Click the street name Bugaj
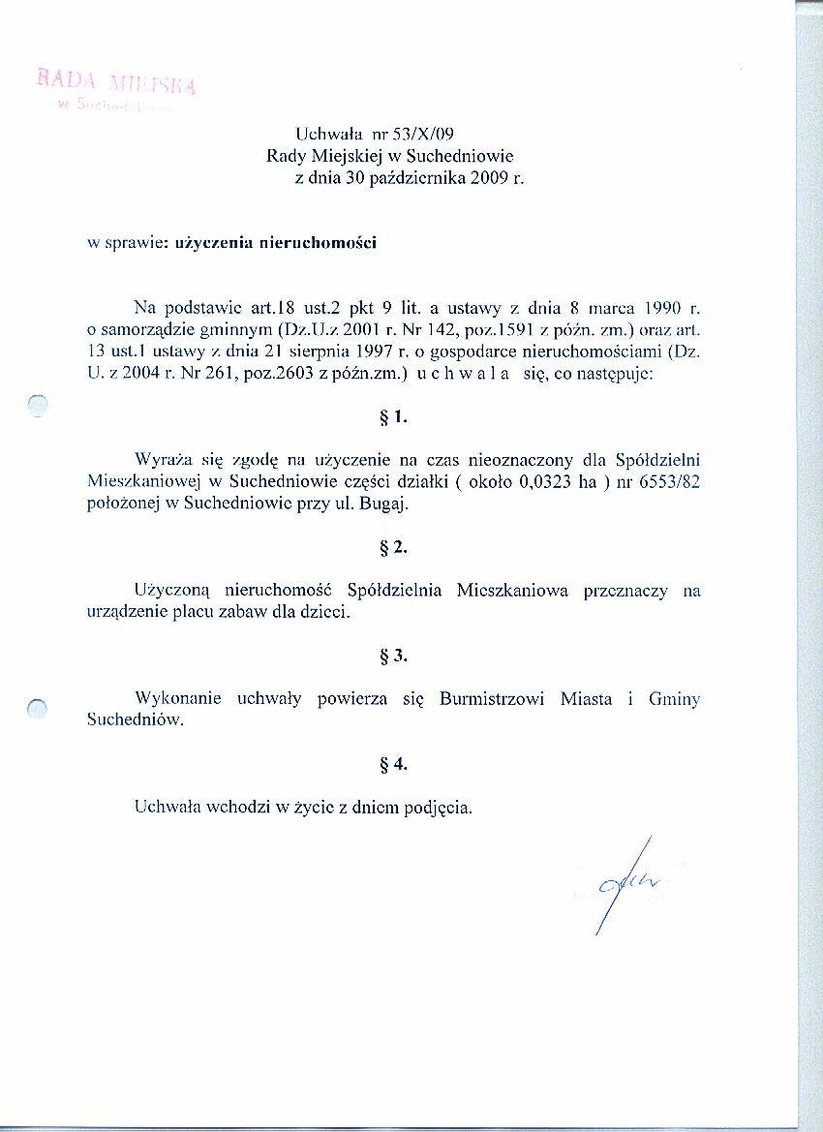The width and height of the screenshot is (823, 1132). (x=391, y=505)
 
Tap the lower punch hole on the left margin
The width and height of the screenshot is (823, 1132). (x=38, y=710)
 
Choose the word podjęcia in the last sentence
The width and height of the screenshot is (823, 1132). (x=442, y=809)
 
